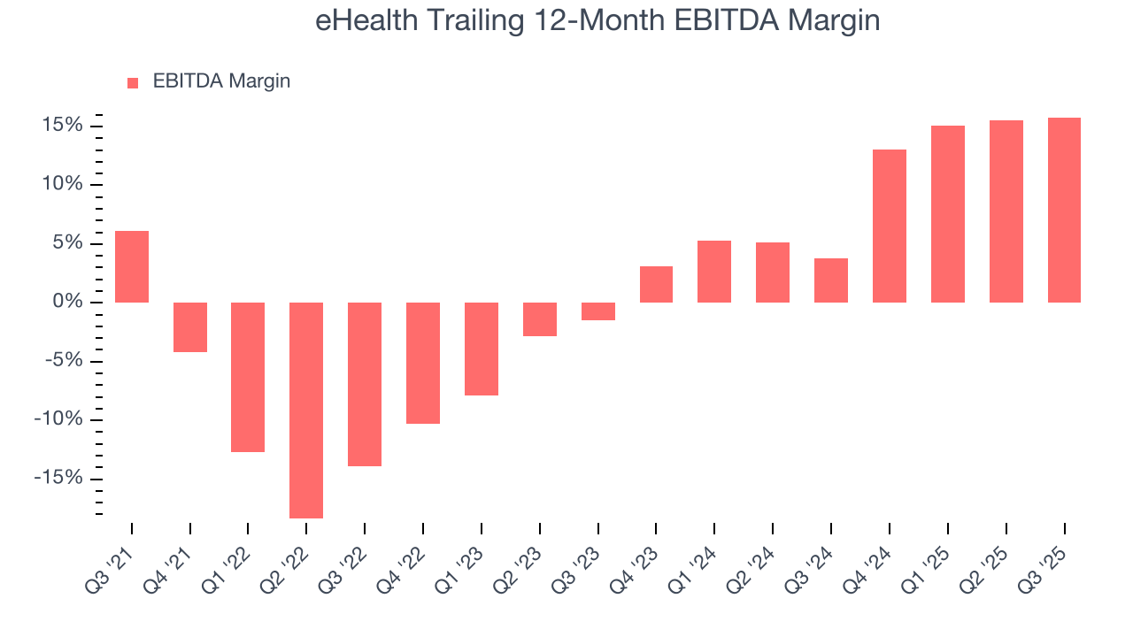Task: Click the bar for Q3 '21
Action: tap(132, 266)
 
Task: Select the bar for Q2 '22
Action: tap(306, 410)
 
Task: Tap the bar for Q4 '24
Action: tap(889, 226)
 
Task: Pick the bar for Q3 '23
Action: tap(597, 311)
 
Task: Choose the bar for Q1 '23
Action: tap(482, 349)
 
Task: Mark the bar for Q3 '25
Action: tap(1064, 210)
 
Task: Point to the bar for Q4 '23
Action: tap(656, 284)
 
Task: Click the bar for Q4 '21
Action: tap(190, 327)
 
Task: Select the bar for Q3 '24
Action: tap(831, 280)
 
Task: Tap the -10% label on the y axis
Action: tap(59, 420)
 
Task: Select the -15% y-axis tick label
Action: tap(59, 479)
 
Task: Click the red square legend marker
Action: tap(133, 82)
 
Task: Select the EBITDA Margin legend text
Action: tap(221, 81)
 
